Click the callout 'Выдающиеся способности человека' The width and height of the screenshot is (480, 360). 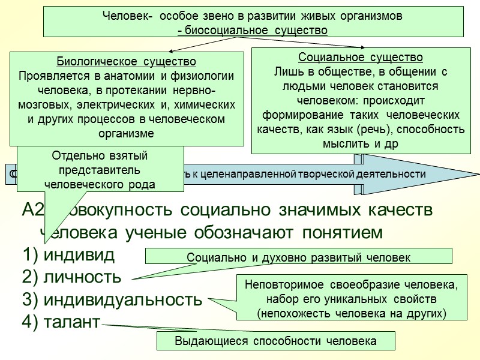coord(275,341)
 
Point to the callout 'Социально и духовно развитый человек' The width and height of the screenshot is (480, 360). coord(299,257)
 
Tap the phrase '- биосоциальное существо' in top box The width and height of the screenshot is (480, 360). coord(253,29)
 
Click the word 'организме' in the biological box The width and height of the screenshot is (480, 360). coord(127,133)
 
